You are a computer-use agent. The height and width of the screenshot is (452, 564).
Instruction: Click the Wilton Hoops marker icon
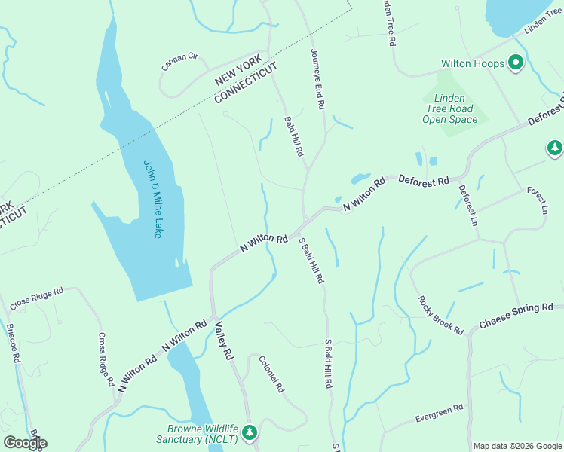(x=516, y=63)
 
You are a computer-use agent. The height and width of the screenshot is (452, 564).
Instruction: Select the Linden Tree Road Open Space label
(x=449, y=108)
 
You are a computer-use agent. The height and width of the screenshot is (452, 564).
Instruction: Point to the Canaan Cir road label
(x=179, y=62)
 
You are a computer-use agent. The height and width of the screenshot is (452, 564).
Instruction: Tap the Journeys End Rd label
(x=317, y=79)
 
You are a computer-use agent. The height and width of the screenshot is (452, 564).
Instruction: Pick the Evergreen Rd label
(x=439, y=414)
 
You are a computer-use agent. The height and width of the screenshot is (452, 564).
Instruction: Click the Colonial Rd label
(x=271, y=374)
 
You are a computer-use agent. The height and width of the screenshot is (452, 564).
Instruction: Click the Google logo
(x=25, y=442)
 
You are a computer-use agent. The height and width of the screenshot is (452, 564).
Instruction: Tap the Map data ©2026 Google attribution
(x=516, y=446)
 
